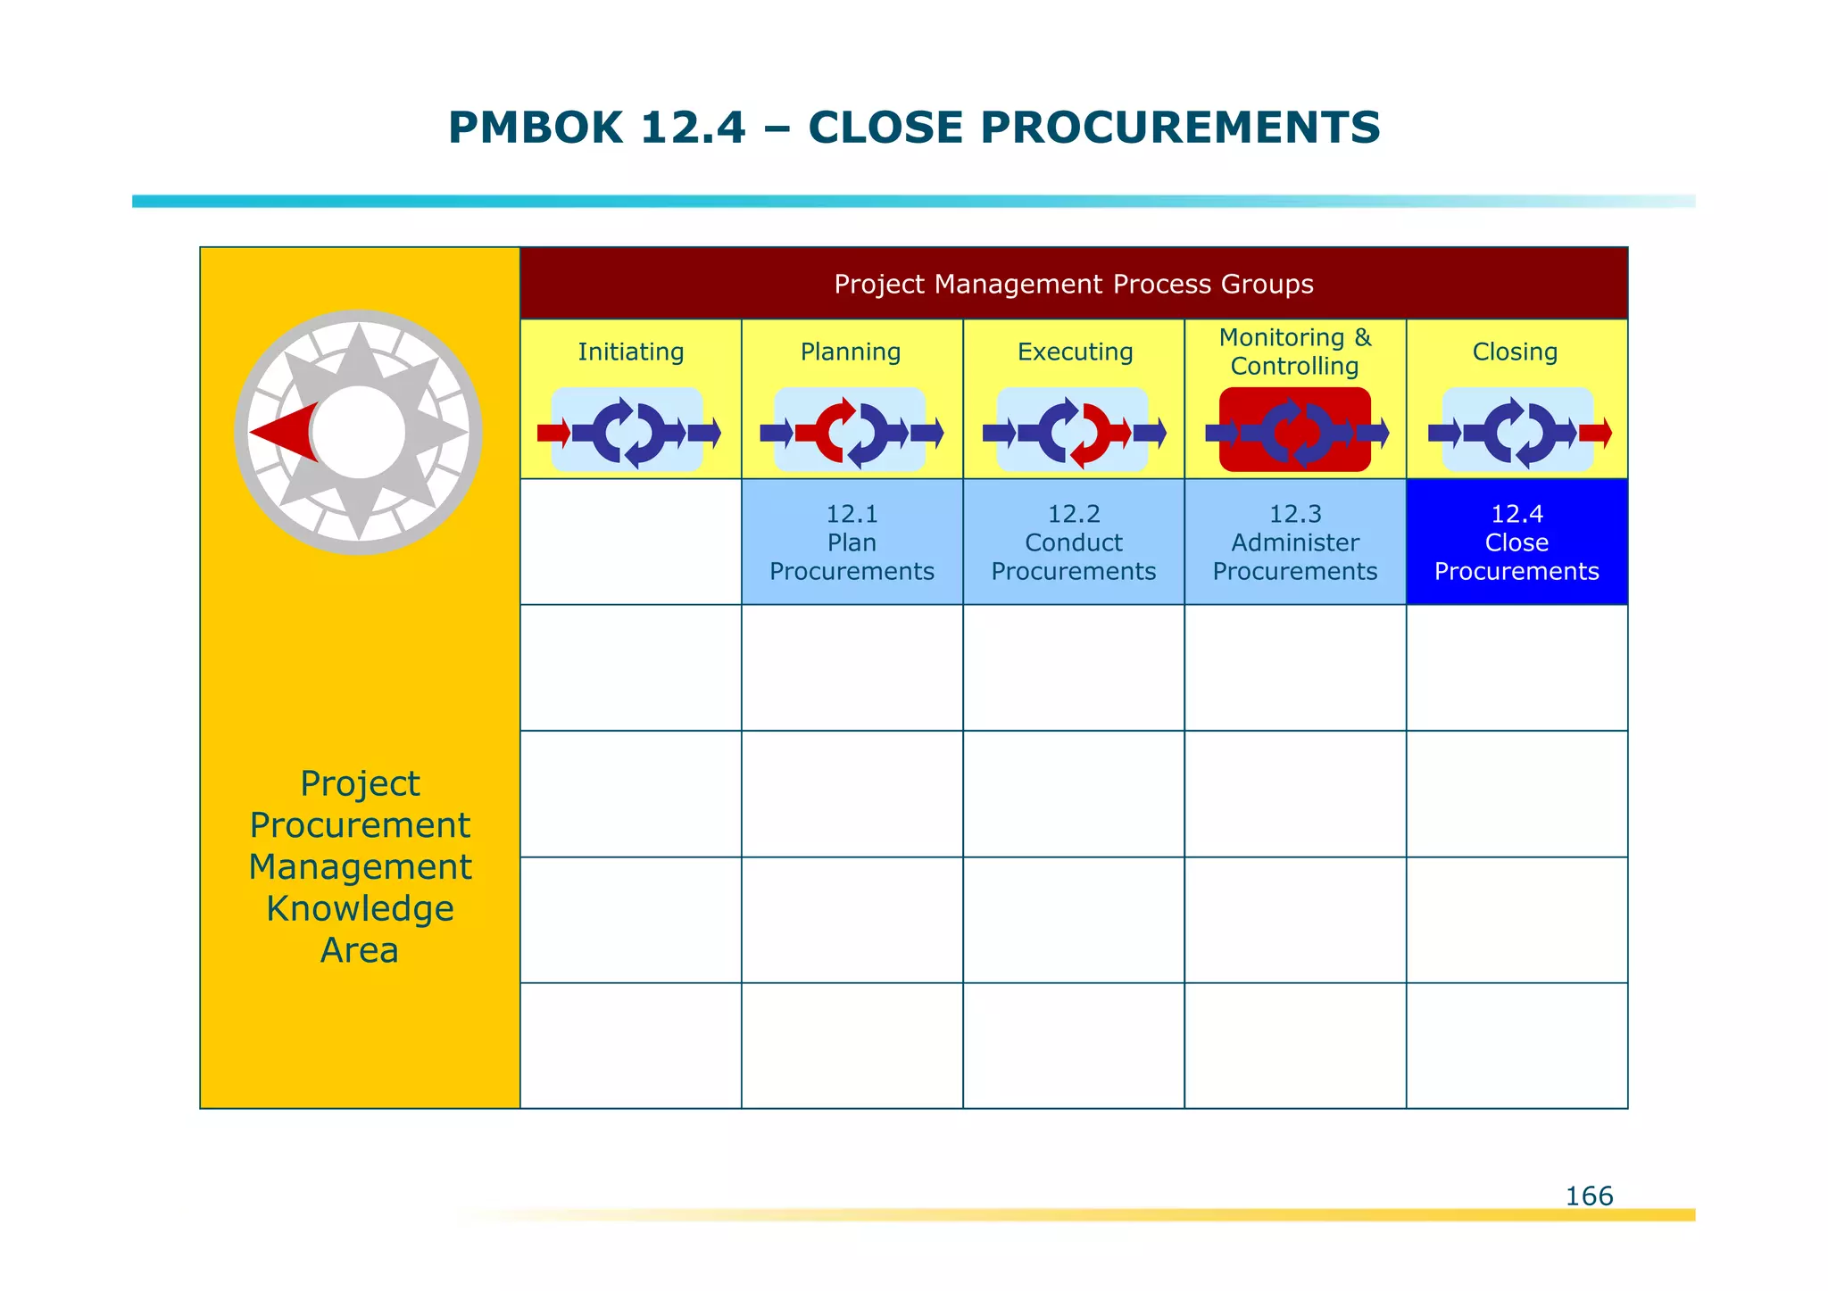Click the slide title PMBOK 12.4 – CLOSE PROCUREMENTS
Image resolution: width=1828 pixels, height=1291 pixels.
coord(914,128)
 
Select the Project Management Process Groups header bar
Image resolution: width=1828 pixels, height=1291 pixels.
coord(1073,284)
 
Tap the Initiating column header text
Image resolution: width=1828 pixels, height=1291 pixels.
coord(630,352)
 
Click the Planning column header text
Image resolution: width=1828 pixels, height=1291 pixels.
coord(851,352)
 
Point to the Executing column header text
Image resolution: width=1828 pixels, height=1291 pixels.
coord(1075,352)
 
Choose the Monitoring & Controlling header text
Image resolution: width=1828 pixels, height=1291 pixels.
coord(1294,352)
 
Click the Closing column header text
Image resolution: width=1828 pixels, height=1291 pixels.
coord(1515,352)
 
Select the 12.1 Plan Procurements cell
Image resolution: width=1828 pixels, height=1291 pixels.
coord(852,542)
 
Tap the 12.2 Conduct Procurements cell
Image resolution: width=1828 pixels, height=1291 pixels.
coord(1073,542)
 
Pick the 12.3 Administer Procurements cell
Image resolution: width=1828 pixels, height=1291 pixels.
coord(1294,542)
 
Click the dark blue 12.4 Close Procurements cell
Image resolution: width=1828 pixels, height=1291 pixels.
coord(1516,542)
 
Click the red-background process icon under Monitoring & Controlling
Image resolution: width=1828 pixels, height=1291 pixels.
coord(1294,431)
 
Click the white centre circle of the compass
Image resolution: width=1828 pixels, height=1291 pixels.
coord(359,433)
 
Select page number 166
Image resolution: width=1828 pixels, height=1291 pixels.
coord(1589,1196)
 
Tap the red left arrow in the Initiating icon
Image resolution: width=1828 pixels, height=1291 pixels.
coord(553,434)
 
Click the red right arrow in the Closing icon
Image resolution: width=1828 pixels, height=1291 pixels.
coord(1595,434)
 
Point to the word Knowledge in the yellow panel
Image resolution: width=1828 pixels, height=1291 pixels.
coord(360,909)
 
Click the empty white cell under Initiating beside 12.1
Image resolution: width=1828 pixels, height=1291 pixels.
coord(630,542)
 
